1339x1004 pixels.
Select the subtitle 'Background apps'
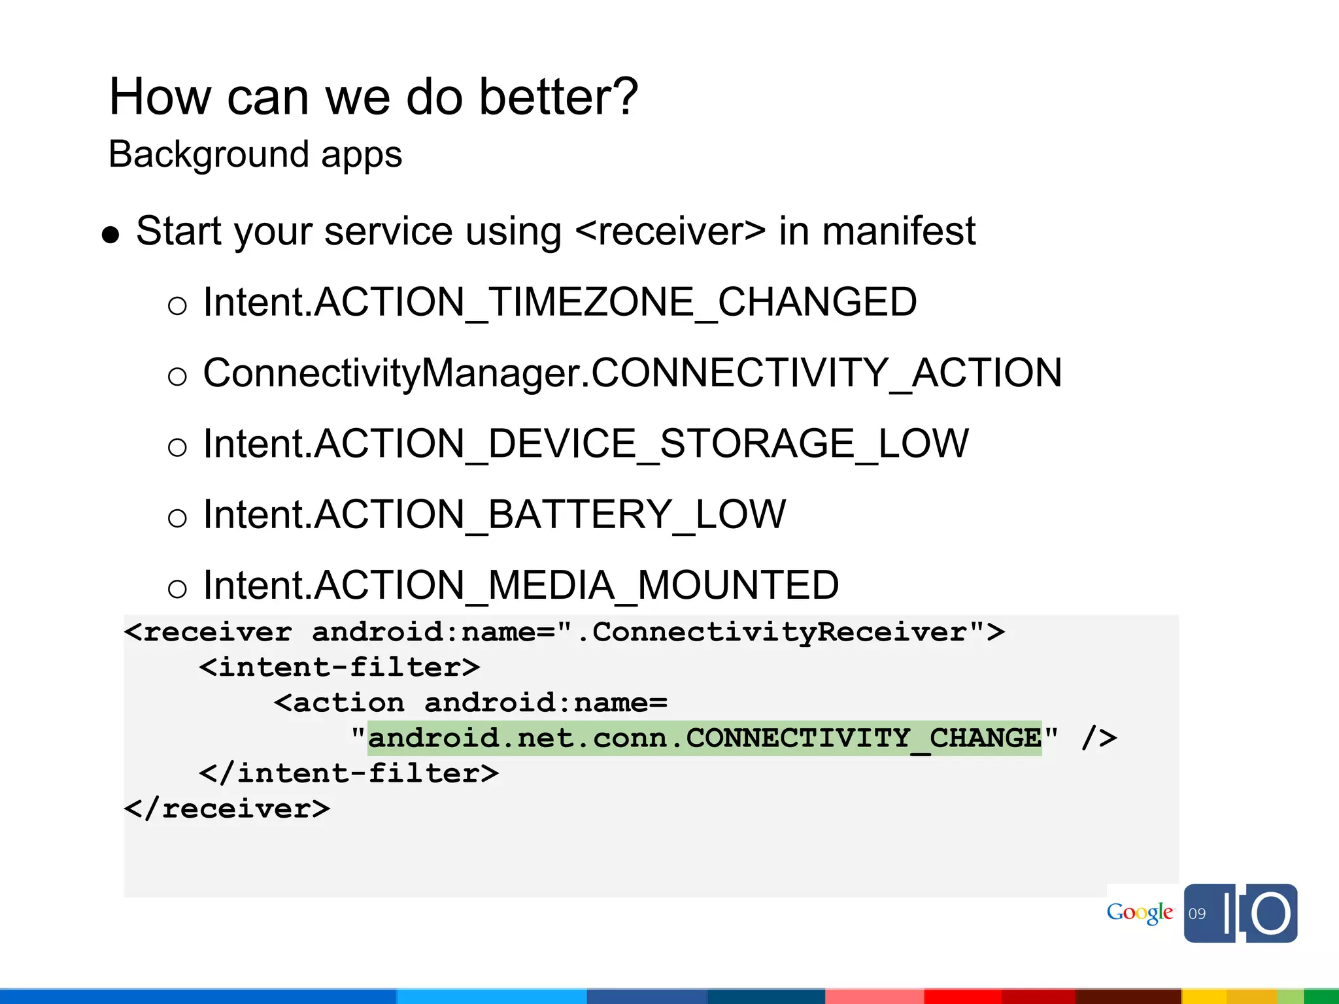(255, 154)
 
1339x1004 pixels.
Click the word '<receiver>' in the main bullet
(670, 231)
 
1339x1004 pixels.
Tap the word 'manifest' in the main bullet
(898, 231)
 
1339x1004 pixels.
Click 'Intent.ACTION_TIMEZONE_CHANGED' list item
(560, 302)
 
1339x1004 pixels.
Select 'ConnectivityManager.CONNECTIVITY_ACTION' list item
(632, 373)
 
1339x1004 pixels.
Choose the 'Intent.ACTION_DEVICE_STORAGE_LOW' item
(586, 443)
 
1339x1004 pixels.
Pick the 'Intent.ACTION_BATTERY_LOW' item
(494, 514)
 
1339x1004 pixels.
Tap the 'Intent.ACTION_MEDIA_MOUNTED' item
(521, 584)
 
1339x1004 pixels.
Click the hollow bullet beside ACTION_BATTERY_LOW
(177, 518)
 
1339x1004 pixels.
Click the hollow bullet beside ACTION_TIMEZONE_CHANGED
(177, 306)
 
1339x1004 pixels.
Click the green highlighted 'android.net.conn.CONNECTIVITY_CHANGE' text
(704, 738)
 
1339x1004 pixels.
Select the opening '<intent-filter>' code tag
(339, 667)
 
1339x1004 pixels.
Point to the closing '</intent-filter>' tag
(348, 773)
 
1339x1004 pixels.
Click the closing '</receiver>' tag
(227, 809)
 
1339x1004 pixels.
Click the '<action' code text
(339, 703)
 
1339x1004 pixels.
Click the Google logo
(1140, 913)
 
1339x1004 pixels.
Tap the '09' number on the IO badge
(1197, 914)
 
